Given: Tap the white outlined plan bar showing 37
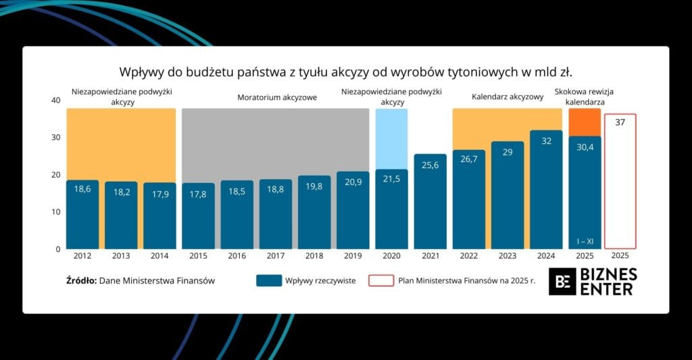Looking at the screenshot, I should tap(620, 181).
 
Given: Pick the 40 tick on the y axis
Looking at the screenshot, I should tap(56, 101).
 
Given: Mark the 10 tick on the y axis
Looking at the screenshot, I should tap(56, 212).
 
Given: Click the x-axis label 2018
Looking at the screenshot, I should tap(314, 257).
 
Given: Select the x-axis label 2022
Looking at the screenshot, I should tap(469, 257).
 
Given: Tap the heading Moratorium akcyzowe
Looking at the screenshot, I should tap(276, 97).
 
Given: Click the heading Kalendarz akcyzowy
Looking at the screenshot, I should tap(508, 97).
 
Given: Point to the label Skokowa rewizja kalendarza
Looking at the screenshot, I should tap(584, 97).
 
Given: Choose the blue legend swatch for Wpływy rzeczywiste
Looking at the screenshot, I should tap(269, 280).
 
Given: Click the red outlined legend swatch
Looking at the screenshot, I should tap(381, 280).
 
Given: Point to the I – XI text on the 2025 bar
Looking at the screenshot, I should tap(585, 241).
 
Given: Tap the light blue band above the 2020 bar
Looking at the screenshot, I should tap(391, 138).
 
